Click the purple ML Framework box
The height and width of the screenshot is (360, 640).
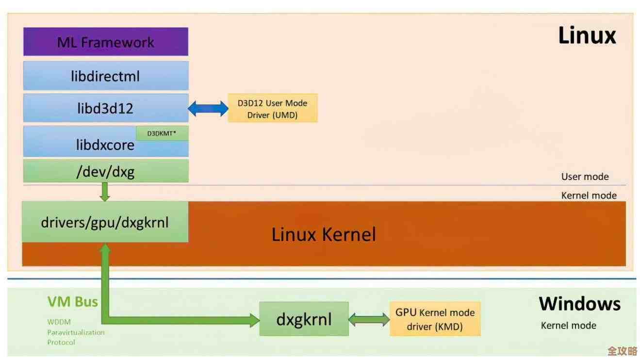pyautogui.click(x=106, y=42)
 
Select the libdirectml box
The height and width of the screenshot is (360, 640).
pyautogui.click(x=106, y=76)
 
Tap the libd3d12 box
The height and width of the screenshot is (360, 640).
pyautogui.click(x=106, y=108)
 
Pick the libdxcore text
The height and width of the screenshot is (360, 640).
pyautogui.click(x=105, y=145)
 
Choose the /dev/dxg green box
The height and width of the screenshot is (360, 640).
pyautogui.click(x=106, y=171)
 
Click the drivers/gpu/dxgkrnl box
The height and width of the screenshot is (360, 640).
pyautogui.click(x=105, y=222)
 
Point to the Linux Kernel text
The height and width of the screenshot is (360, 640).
pyautogui.click(x=324, y=235)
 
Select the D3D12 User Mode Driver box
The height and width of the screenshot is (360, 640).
pyautogui.click(x=272, y=108)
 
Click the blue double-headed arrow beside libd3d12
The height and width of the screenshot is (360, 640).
pyautogui.click(x=208, y=108)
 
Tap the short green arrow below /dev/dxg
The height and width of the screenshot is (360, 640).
pyautogui.click(x=105, y=192)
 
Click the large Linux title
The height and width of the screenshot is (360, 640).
pyautogui.click(x=587, y=36)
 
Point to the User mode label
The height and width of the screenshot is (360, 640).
pyautogui.click(x=585, y=177)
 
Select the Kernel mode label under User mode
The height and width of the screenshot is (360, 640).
pyautogui.click(x=589, y=196)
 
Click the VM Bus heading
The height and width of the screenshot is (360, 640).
pyautogui.click(x=72, y=302)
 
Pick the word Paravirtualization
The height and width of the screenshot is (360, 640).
pyautogui.click(x=76, y=332)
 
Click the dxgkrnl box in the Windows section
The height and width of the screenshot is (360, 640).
pyautogui.click(x=304, y=319)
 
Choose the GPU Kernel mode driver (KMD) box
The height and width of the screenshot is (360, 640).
pyautogui.click(x=435, y=319)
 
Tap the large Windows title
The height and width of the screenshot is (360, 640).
pyautogui.click(x=579, y=304)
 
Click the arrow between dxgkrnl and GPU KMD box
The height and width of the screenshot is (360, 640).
pyautogui.click(x=369, y=319)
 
